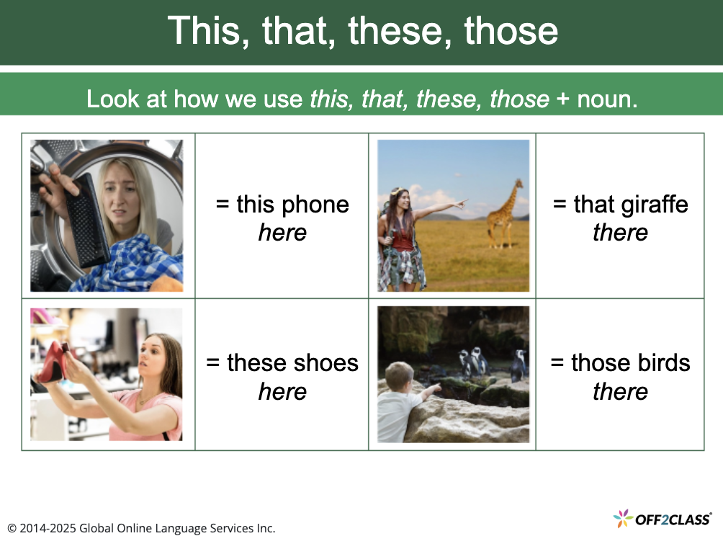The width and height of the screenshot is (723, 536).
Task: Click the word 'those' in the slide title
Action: pos(511,31)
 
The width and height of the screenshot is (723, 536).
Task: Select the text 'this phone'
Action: pos(282,205)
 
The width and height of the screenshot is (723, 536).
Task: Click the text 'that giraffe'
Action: pos(620,205)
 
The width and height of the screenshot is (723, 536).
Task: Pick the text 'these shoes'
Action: pos(282,363)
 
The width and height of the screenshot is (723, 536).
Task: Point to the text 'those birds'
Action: pos(620,363)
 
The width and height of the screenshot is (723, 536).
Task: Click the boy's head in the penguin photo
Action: pos(398,376)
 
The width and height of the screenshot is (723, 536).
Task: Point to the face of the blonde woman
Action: pos(120,194)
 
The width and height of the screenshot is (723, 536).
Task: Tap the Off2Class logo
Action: pos(662,518)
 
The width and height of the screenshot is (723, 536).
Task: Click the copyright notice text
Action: pos(141,528)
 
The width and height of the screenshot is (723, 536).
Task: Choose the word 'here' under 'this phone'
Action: pos(282,233)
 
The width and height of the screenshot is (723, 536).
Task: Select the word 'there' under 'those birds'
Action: pos(620,392)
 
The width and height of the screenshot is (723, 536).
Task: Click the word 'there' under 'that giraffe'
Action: pos(620,233)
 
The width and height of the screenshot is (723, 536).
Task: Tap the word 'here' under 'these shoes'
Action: pos(282,392)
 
